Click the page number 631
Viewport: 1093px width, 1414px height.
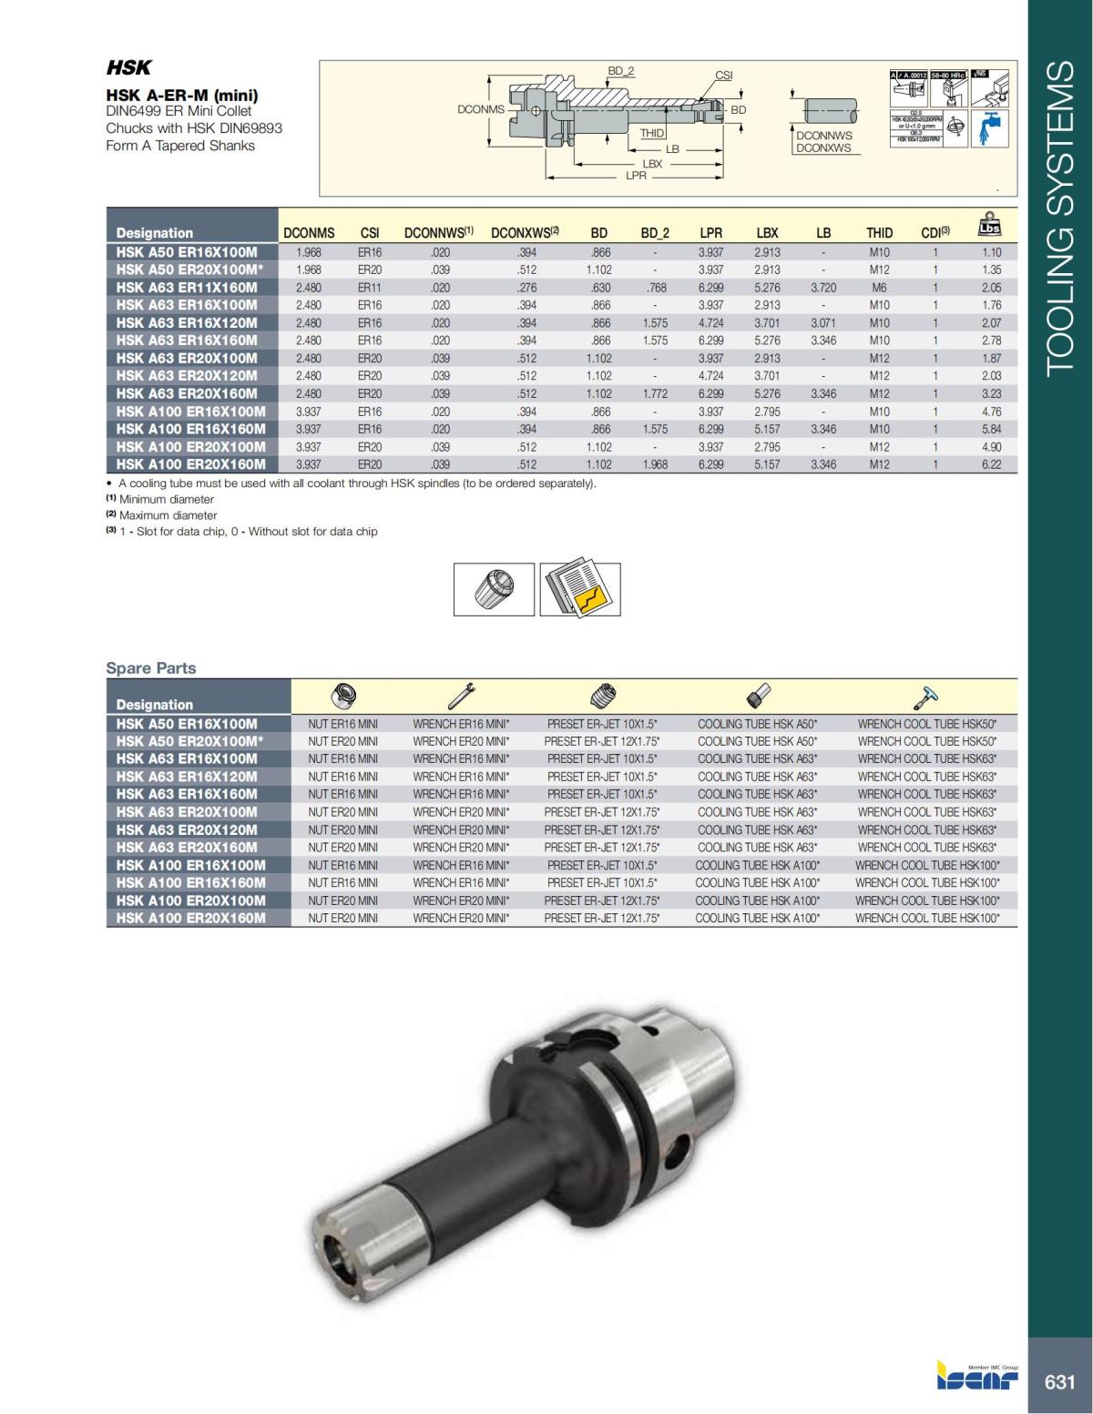tap(1059, 1382)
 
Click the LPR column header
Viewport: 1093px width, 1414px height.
tap(710, 233)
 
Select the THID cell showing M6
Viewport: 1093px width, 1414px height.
tap(879, 288)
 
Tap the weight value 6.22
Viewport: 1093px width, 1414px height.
tap(991, 464)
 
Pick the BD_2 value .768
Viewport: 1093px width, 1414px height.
tap(655, 288)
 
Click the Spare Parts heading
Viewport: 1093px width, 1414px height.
tap(151, 668)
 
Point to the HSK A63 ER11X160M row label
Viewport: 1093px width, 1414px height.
tap(188, 288)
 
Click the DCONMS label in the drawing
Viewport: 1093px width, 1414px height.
tap(480, 109)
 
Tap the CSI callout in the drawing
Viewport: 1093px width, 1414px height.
tap(723, 76)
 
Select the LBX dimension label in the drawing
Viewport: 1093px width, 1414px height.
tap(652, 164)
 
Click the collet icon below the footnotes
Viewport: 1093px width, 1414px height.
tap(495, 589)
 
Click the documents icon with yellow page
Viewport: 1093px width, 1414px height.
tap(580, 589)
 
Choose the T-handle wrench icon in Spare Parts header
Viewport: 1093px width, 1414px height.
tap(926, 697)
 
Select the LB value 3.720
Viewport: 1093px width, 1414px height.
tap(822, 288)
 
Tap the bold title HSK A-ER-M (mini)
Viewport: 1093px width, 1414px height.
tap(182, 95)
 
